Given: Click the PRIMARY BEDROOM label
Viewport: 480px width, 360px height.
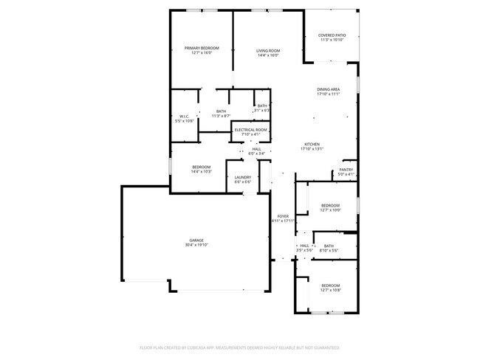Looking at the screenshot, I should coord(202,48).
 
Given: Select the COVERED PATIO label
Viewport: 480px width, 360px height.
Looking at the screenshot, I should coord(332,35).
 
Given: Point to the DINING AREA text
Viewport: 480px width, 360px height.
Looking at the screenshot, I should coord(328,89).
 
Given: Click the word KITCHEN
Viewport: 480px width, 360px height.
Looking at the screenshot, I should coord(312,144).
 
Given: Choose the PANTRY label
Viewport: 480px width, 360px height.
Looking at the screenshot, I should coord(346,170).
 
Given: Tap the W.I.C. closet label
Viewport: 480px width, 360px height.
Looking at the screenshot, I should coord(185,116).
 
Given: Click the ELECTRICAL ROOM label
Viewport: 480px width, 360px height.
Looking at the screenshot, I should coord(250,130).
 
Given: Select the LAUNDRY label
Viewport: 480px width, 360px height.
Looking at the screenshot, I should coord(243,177).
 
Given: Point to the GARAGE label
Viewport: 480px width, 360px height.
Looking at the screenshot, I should coord(196,240).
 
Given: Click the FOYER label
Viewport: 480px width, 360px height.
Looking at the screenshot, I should coord(283,216).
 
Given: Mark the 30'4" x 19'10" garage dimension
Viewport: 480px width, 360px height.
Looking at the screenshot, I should coord(196,246).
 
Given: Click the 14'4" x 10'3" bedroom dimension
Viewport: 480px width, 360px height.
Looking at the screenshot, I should coord(202,171).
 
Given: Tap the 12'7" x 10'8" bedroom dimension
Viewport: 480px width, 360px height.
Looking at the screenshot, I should coord(330,290).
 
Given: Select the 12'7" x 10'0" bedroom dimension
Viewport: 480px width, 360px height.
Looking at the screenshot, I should coord(330,210).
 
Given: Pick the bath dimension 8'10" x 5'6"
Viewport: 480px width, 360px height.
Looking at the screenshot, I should coord(328,251).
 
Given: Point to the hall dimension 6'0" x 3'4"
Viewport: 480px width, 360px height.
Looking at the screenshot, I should coord(256,153).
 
